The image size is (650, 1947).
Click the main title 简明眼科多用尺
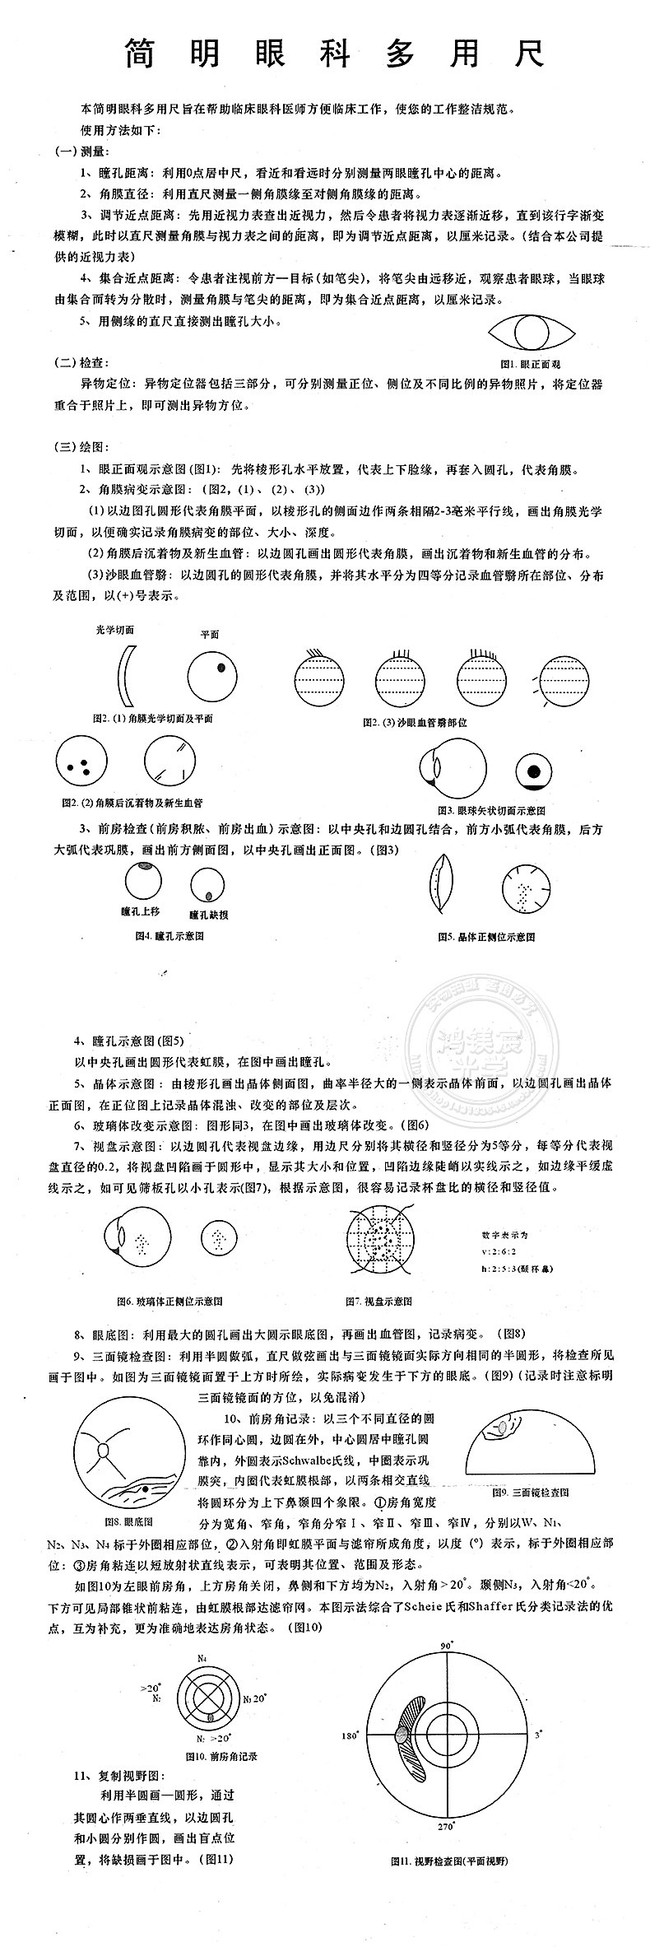[x=333, y=54]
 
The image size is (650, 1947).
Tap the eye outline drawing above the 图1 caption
[x=530, y=333]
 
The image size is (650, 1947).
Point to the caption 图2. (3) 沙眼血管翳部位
[x=415, y=722]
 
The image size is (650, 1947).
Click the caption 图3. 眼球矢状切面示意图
[x=491, y=810]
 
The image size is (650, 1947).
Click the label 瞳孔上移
[x=140, y=911]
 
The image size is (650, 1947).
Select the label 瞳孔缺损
[x=208, y=915]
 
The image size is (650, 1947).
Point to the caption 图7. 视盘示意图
[x=378, y=1301]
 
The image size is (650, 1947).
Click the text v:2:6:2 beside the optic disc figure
[x=502, y=1251]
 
